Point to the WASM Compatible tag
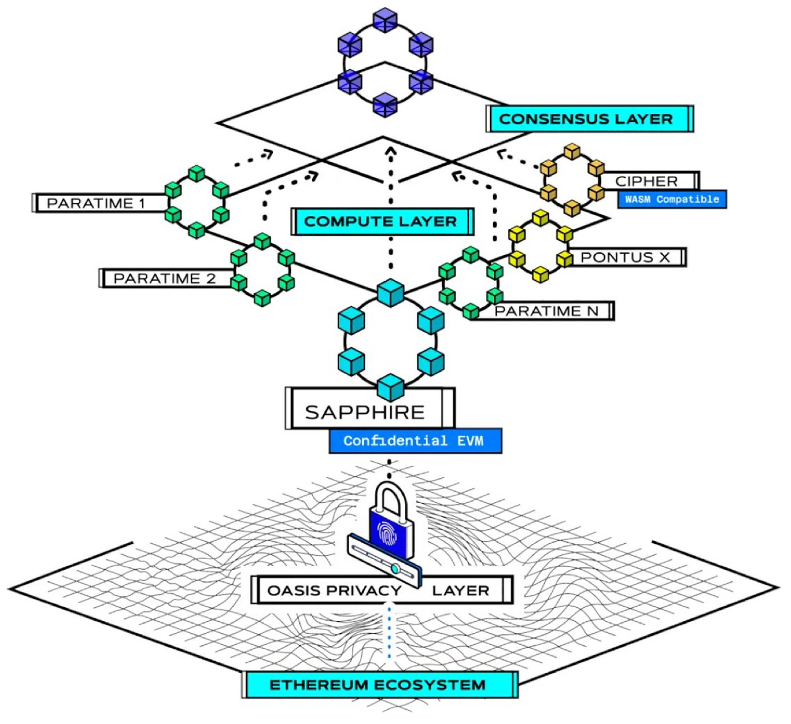pos(672,199)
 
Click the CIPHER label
pos(646,181)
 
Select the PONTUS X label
pos(625,257)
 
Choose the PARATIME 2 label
pos(165,278)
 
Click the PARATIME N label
pos(546,311)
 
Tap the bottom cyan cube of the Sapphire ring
pos(391,387)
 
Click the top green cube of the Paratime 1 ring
pos(197,173)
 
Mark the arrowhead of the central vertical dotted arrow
pos(391,152)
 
